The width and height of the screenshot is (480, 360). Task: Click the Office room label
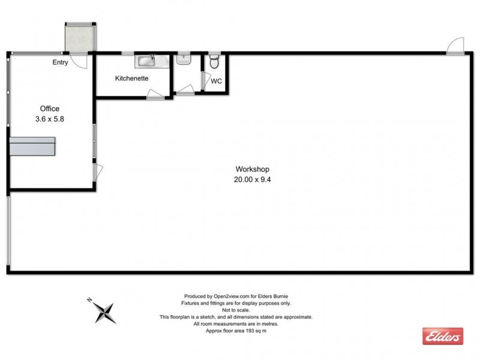click(49, 109)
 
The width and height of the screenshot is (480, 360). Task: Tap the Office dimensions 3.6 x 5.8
click(49, 119)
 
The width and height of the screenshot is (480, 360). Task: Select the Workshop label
click(251, 169)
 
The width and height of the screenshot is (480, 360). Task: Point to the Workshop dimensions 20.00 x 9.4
click(251, 179)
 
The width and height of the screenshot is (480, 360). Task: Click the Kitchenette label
click(131, 78)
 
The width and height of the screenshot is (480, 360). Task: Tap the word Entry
click(61, 62)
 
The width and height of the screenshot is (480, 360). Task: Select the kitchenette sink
click(146, 60)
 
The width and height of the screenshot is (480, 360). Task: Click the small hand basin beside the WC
click(184, 59)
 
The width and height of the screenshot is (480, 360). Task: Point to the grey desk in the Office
click(33, 146)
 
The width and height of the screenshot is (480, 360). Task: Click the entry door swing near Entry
click(79, 60)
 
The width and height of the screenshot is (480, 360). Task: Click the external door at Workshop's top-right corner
click(455, 46)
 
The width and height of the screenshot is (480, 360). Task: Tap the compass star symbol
click(106, 311)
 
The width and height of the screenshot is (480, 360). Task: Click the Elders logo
click(443, 336)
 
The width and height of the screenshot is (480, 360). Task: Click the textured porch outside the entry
click(80, 37)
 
